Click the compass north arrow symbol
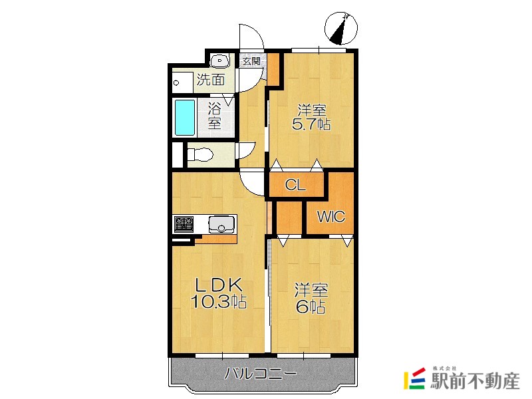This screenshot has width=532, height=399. click(340, 28)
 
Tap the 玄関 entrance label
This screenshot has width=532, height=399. click(252, 61)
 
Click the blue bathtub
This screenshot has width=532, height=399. click(185, 118)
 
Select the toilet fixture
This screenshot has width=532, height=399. click(200, 155)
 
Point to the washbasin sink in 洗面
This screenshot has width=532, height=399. click(220, 61)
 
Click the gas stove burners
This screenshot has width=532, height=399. click(184, 224)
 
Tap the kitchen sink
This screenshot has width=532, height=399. click(221, 224)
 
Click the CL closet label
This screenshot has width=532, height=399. click(295, 186)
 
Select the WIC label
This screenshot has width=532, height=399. click(331, 217)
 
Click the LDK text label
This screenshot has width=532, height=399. click(218, 285)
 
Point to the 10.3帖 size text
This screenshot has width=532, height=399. click(218, 301)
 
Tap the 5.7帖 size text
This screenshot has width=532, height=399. click(311, 124)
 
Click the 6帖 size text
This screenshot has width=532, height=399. click(311, 307)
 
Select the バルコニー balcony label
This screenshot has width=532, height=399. click(261, 374)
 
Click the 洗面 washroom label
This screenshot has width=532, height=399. click(211, 80)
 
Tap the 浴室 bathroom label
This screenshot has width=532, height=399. click(214, 116)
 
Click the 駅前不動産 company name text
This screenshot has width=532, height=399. click(475, 380)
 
